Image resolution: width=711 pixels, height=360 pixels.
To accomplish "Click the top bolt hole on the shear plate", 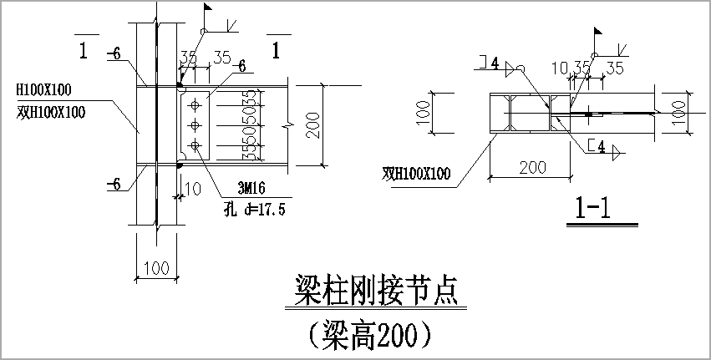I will pyautogui.click(x=195, y=105).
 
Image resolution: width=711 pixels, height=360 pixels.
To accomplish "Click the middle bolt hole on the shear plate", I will pyautogui.click(x=195, y=125).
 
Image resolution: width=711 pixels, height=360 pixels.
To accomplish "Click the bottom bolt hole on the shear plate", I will pyautogui.click(x=195, y=146).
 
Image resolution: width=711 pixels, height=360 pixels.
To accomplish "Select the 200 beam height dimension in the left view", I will pyautogui.click(x=312, y=125).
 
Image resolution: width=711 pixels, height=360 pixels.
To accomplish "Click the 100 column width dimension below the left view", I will pyautogui.click(x=155, y=268).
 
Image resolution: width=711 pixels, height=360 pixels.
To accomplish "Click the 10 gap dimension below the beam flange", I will pyautogui.click(x=193, y=190).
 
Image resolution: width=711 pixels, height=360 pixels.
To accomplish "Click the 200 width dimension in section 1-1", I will pyautogui.click(x=531, y=167).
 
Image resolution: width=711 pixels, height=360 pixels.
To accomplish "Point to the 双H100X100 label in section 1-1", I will pyautogui.click(x=416, y=174).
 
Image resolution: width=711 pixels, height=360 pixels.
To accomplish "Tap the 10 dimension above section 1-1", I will pyautogui.click(x=560, y=66).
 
